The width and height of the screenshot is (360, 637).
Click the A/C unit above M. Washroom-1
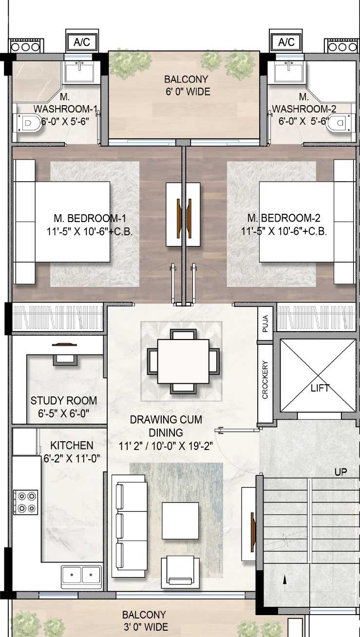[x=82, y=41]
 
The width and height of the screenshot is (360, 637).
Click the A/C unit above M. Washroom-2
[x=286, y=41]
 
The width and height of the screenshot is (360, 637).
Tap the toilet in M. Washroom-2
[x=341, y=123]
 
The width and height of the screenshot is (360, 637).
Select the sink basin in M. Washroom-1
[x=79, y=73]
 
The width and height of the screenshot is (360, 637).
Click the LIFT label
[x=320, y=388]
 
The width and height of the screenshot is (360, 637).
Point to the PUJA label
[x=265, y=323]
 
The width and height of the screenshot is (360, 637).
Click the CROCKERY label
[x=265, y=380]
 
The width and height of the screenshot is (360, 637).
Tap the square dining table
[x=184, y=361]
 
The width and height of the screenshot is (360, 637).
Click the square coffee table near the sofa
[x=180, y=521]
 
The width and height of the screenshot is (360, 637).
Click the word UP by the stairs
[x=341, y=472]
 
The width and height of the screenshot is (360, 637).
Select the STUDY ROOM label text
[x=64, y=400]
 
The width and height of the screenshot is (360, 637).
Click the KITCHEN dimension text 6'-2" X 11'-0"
[x=72, y=458]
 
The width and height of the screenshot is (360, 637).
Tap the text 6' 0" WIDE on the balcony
[x=188, y=92]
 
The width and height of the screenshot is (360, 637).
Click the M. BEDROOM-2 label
[x=284, y=218]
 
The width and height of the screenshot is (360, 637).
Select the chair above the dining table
[x=184, y=335]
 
